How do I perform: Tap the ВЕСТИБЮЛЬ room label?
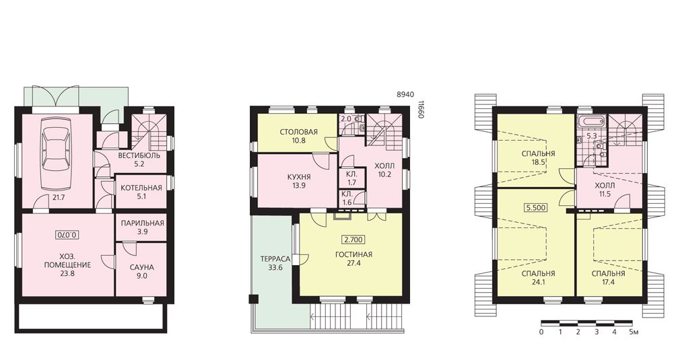(x=139, y=155)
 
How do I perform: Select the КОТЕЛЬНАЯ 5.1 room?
(x=141, y=192)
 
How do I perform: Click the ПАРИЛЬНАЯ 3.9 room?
(x=141, y=227)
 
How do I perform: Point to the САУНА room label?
(x=142, y=267)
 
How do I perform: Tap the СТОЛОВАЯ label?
(x=298, y=132)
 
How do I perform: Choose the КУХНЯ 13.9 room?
(x=298, y=180)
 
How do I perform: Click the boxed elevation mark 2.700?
(x=353, y=240)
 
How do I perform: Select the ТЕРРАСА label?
(x=275, y=259)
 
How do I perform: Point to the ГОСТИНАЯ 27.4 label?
(x=354, y=258)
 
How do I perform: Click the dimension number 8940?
(x=405, y=94)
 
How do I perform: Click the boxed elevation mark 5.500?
(x=535, y=207)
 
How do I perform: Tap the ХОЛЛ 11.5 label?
(x=605, y=190)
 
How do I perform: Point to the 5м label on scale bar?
(x=634, y=332)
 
